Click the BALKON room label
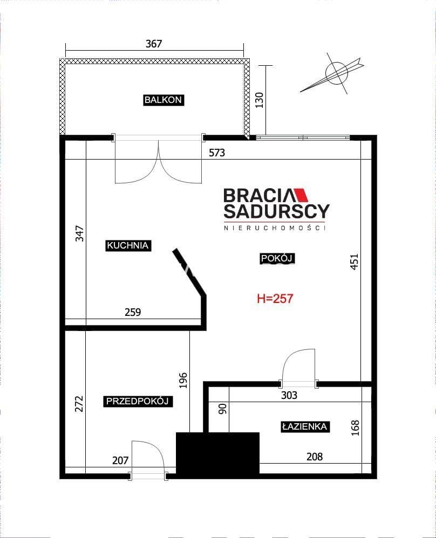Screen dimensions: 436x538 coord(163,100)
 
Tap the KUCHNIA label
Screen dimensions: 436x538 coord(128,245)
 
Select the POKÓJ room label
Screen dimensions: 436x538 coord(277,258)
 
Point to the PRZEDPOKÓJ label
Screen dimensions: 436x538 coord(138,401)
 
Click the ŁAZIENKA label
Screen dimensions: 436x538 coord(304,426)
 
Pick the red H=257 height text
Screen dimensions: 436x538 coord(275,299)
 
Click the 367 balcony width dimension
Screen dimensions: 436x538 coord(154,44)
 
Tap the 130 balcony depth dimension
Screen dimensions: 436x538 coord(260,100)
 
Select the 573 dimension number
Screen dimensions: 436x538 coord(217,153)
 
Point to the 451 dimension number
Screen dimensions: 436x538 coord(354,262)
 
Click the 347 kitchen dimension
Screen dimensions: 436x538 coord(79,233)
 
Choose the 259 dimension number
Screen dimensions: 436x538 coord(133,312)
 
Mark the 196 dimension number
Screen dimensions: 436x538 coord(183,380)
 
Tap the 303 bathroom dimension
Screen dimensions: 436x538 coord(289,395)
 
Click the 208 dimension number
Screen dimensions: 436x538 coord(315,457)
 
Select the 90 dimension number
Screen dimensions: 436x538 coord(223,409)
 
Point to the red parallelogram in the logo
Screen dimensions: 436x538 coord(301,195)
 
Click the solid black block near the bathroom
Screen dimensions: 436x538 coord(217,453)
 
